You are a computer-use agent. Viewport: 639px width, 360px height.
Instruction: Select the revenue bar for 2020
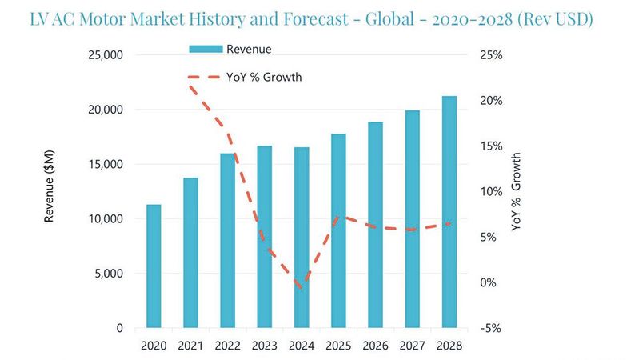point(153,266)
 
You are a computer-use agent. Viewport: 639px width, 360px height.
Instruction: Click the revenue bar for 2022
point(227,240)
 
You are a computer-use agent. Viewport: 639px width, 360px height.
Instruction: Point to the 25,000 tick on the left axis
point(105,55)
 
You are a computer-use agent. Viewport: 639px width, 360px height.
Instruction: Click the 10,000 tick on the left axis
point(105,218)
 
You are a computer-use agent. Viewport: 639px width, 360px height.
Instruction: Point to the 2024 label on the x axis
point(302,346)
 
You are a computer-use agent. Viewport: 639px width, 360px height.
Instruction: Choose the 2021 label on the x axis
point(190,346)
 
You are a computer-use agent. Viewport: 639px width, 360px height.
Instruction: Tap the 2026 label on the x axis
point(375,346)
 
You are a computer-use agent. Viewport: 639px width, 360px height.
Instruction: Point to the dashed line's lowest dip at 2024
point(301,288)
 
